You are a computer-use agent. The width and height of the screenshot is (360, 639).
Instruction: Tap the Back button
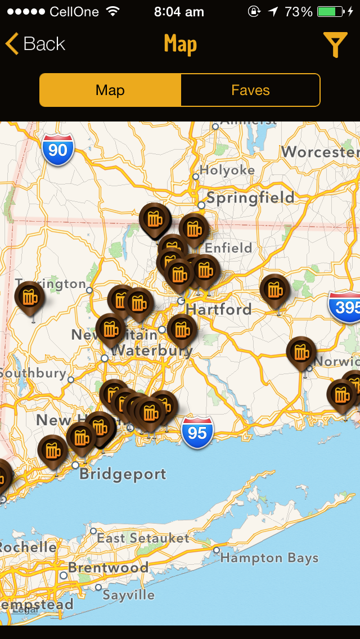pyautogui.click(x=35, y=44)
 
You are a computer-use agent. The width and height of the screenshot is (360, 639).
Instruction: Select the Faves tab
pyautogui.click(x=250, y=90)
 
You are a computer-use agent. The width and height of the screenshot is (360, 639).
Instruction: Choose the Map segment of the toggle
pyautogui.click(x=110, y=90)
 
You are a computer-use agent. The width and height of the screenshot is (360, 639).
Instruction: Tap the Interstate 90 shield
pyautogui.click(x=58, y=150)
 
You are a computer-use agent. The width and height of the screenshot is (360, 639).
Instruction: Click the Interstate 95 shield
pyautogui.click(x=197, y=432)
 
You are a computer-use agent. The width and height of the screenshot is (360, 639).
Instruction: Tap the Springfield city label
pyautogui.click(x=250, y=197)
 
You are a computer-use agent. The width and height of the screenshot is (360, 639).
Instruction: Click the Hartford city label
pyautogui.click(x=219, y=309)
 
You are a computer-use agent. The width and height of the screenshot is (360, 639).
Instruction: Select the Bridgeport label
pyautogui.click(x=123, y=474)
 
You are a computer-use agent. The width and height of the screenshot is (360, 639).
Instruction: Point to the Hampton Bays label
pyautogui.click(x=269, y=558)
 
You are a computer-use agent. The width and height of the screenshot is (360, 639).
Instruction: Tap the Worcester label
pyautogui.click(x=320, y=152)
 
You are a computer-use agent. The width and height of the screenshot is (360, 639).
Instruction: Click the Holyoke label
pyautogui.click(x=227, y=170)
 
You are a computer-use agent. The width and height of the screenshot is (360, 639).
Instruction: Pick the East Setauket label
pyautogui.click(x=143, y=538)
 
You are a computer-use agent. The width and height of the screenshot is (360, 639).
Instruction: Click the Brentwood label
pyautogui.click(x=109, y=567)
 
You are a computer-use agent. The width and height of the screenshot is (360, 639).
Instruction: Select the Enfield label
pyautogui.click(x=228, y=248)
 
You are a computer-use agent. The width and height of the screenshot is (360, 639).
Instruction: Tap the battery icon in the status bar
pyautogui.click(x=331, y=11)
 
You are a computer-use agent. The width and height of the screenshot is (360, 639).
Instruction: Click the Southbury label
pyautogui.click(x=33, y=373)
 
